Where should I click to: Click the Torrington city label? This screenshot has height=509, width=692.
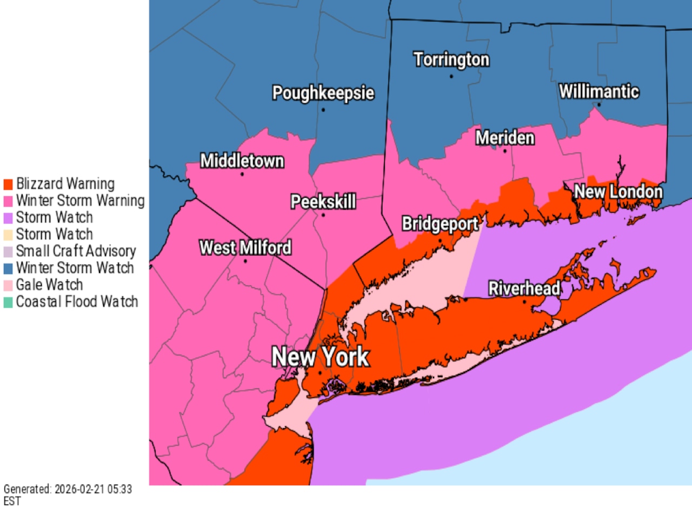click(451, 59)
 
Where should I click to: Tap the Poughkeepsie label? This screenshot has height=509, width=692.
click(323, 93)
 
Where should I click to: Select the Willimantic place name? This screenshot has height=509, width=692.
click(599, 91)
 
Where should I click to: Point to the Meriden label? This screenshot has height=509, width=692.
click(505, 138)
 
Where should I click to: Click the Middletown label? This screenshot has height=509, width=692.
click(242, 161)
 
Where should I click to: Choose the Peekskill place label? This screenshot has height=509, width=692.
click(323, 202)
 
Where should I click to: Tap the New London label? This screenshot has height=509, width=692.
click(618, 191)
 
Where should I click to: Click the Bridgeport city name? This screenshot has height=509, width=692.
click(440, 224)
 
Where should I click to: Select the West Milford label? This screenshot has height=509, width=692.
click(245, 248)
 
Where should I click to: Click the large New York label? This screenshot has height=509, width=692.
click(320, 357)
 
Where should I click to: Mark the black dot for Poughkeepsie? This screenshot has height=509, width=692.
click(323, 110)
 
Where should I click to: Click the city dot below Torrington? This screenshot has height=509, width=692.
click(451, 76)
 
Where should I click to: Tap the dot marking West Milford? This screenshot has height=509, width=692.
click(245, 262)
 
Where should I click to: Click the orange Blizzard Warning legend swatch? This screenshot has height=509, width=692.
click(8, 184)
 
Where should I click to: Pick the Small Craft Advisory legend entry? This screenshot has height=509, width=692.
click(76, 251)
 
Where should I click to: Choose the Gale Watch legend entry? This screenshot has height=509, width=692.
click(49, 285)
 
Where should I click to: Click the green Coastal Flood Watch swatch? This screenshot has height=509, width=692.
click(8, 302)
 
